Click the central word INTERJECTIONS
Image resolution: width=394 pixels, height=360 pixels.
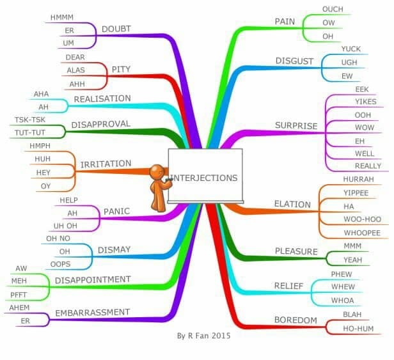pyautogui.click(x=204, y=178)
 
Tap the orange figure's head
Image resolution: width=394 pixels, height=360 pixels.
pyautogui.click(x=157, y=172)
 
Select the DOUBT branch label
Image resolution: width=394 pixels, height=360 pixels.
pyautogui.click(x=116, y=29)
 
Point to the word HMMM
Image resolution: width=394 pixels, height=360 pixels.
pyautogui.click(x=62, y=17)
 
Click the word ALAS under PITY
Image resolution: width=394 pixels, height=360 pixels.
pyautogui.click(x=76, y=70)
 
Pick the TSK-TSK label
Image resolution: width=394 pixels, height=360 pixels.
pyautogui.click(x=30, y=120)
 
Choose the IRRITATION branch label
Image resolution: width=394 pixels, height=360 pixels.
pyautogui.click(x=106, y=164)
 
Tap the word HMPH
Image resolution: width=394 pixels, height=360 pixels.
pyautogui.click(x=40, y=146)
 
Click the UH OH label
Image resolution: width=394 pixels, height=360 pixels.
pyautogui.click(x=65, y=226)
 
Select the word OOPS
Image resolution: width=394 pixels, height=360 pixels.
pyautogui.click(x=60, y=264)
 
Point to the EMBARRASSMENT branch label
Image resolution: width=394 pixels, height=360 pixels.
pyautogui.click(x=93, y=313)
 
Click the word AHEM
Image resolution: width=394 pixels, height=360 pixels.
pyautogui.click(x=19, y=308)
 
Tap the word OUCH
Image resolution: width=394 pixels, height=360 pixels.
pyautogui.click(x=333, y=10)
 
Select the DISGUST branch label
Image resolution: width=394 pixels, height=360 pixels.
pyautogui.click(x=294, y=61)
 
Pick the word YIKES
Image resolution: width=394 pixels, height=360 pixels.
pyautogui.click(x=366, y=102)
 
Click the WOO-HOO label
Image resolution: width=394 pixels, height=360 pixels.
pyautogui.click(x=362, y=219)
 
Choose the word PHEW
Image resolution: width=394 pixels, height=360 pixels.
pyautogui.click(x=342, y=274)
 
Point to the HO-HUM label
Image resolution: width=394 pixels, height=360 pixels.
pyautogui.click(x=358, y=329)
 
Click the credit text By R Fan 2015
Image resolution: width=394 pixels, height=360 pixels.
pyautogui.click(x=203, y=336)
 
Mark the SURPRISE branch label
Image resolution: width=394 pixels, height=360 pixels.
pyautogui.click(x=296, y=125)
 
